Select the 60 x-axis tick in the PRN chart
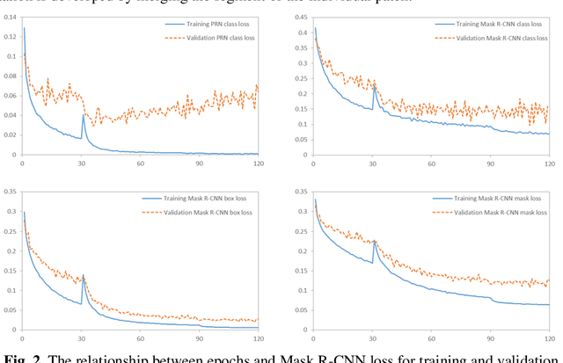coord(140,163)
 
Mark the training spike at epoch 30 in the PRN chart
coord(84,115)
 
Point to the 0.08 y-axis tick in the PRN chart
coord(9,76)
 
